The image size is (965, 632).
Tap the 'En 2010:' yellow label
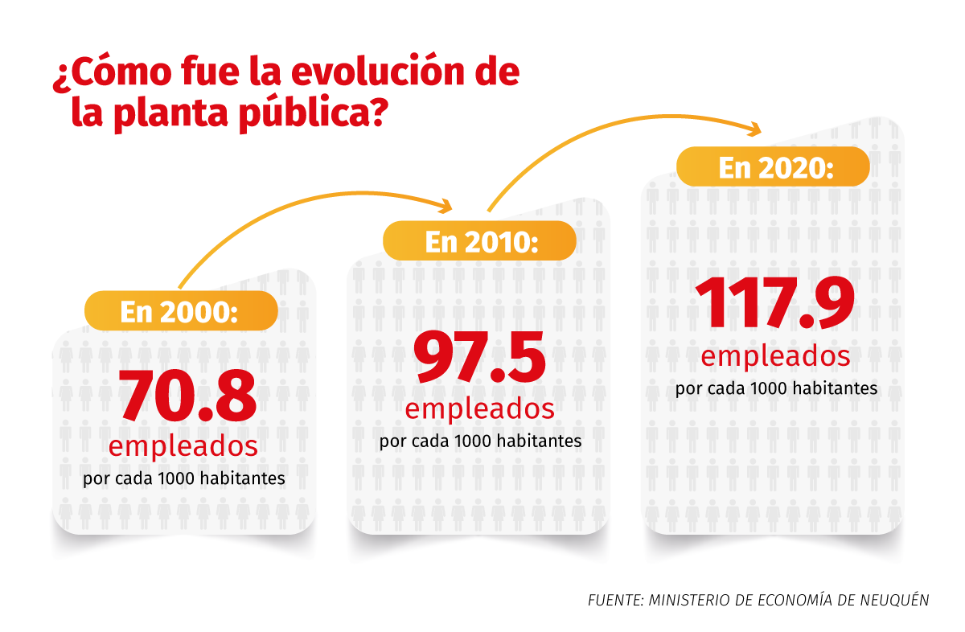point(479,240)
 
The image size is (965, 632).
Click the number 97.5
point(479,358)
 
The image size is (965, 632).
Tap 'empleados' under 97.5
point(479,408)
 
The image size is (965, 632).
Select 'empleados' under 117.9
point(775,355)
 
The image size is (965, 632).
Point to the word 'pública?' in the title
point(315,114)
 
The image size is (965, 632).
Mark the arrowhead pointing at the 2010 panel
point(447,204)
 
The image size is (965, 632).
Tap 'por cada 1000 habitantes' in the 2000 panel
point(184,479)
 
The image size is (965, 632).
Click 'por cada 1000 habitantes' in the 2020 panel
point(776,388)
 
